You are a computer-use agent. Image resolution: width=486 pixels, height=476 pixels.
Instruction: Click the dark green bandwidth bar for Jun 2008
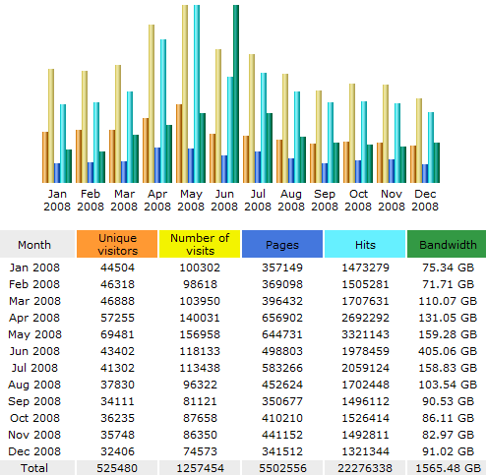click(236, 93)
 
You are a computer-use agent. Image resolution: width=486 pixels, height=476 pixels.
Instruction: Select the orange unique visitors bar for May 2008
click(179, 144)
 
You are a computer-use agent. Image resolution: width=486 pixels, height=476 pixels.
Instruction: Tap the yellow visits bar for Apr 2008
click(152, 103)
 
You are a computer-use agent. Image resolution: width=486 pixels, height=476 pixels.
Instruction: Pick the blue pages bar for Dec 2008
click(425, 173)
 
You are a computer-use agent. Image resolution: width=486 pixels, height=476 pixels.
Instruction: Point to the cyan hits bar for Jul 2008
click(264, 128)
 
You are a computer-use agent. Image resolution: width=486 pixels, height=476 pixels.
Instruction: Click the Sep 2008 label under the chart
click(325, 200)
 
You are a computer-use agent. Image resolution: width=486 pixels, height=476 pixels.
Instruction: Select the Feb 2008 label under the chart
click(91, 200)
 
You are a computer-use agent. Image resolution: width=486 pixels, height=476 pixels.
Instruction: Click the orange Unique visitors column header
click(117, 244)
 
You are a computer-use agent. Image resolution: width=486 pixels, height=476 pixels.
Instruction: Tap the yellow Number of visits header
click(200, 244)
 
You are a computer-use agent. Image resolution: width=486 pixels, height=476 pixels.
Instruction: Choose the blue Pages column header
click(282, 244)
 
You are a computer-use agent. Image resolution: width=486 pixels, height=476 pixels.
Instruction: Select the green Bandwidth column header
click(447, 244)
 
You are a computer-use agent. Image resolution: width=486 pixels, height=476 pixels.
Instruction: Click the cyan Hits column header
click(365, 244)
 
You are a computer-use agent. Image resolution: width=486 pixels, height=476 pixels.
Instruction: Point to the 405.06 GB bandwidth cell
click(448, 351)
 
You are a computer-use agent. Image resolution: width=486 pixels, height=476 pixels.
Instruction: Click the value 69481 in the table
click(117, 334)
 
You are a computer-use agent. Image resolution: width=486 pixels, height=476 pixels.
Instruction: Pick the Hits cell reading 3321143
click(365, 334)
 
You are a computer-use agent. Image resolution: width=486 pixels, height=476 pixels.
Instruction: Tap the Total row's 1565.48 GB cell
click(448, 468)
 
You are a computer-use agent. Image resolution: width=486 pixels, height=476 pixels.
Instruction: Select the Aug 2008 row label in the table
click(34, 385)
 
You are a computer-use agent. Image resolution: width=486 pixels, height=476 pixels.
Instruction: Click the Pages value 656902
click(282, 318)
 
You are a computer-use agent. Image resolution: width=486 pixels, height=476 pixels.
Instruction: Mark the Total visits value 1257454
click(200, 468)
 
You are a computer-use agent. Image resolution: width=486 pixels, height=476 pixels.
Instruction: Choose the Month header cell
click(34, 245)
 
